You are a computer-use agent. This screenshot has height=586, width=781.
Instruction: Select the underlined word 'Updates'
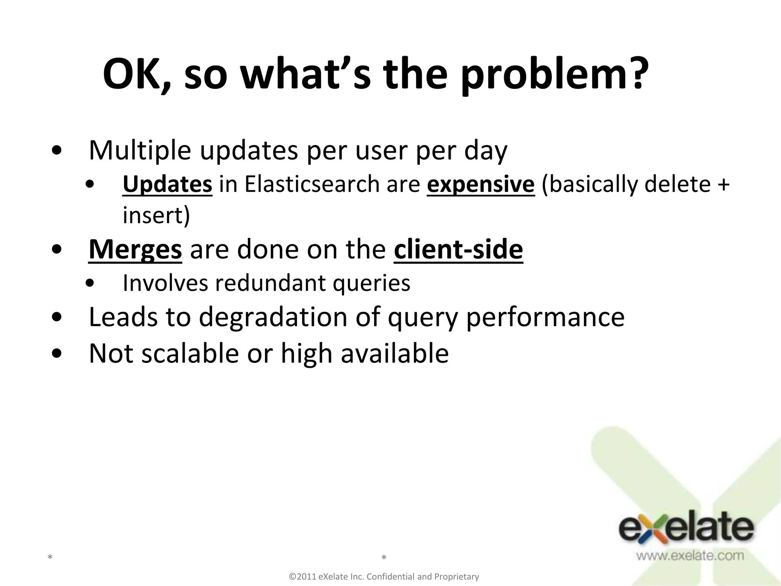(x=167, y=185)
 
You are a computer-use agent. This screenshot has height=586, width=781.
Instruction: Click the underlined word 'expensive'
(x=480, y=185)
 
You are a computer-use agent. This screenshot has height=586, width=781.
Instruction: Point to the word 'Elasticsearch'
(x=312, y=185)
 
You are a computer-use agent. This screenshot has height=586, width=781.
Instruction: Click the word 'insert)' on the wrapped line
(x=156, y=216)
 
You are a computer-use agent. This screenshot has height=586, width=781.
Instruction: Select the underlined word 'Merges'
(x=135, y=250)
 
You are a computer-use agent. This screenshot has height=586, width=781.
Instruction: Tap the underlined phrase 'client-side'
(x=458, y=250)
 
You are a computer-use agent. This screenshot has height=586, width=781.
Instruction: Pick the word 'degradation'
(x=273, y=317)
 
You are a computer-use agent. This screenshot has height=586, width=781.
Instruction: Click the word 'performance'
(x=545, y=317)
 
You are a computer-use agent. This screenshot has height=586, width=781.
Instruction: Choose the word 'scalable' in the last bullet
(x=190, y=353)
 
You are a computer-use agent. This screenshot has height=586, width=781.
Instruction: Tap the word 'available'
(x=394, y=353)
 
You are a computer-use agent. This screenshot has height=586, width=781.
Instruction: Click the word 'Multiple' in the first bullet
(x=140, y=151)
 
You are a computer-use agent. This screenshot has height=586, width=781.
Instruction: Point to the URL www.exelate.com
(x=689, y=556)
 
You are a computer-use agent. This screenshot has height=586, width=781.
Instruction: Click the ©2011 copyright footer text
(x=384, y=576)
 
